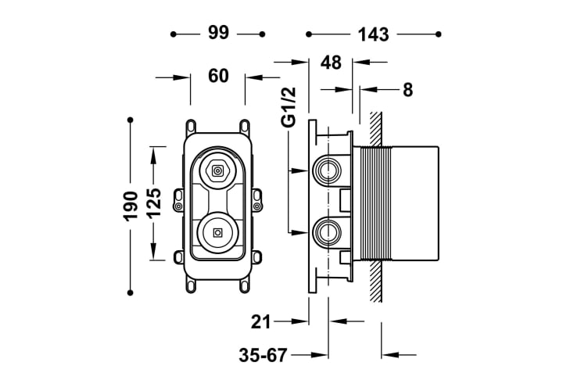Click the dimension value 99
coord(218,33)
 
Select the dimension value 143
coord(374,35)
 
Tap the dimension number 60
coord(218,76)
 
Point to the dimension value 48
coord(331,63)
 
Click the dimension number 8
coord(407,90)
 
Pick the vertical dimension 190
coord(131,206)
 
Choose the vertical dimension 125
coord(154,203)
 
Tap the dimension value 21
coord(260,321)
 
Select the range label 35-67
coord(263,356)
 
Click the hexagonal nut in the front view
coord(217,170)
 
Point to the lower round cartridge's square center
coord(217,233)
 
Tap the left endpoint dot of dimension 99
coord(174,34)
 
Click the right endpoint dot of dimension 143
coord(438,34)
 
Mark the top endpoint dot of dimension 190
coord(131,120)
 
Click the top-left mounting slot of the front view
coord(191,126)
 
